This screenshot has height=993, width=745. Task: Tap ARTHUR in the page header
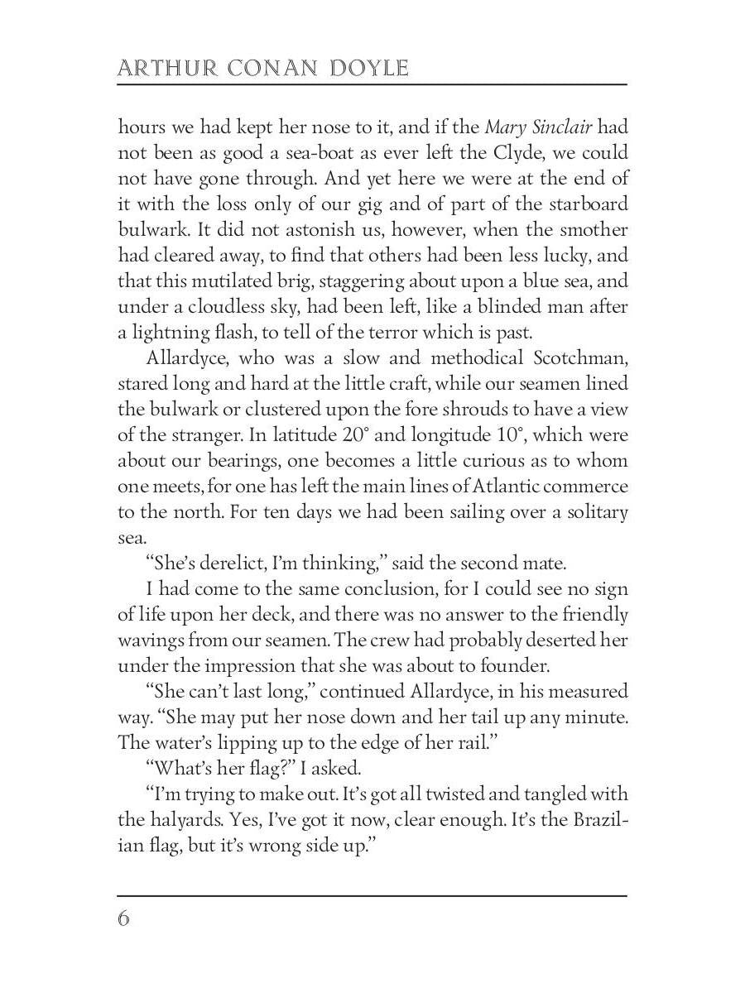coord(156,67)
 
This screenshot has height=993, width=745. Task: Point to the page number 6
coord(124,919)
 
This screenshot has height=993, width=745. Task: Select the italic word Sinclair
coord(560,127)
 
